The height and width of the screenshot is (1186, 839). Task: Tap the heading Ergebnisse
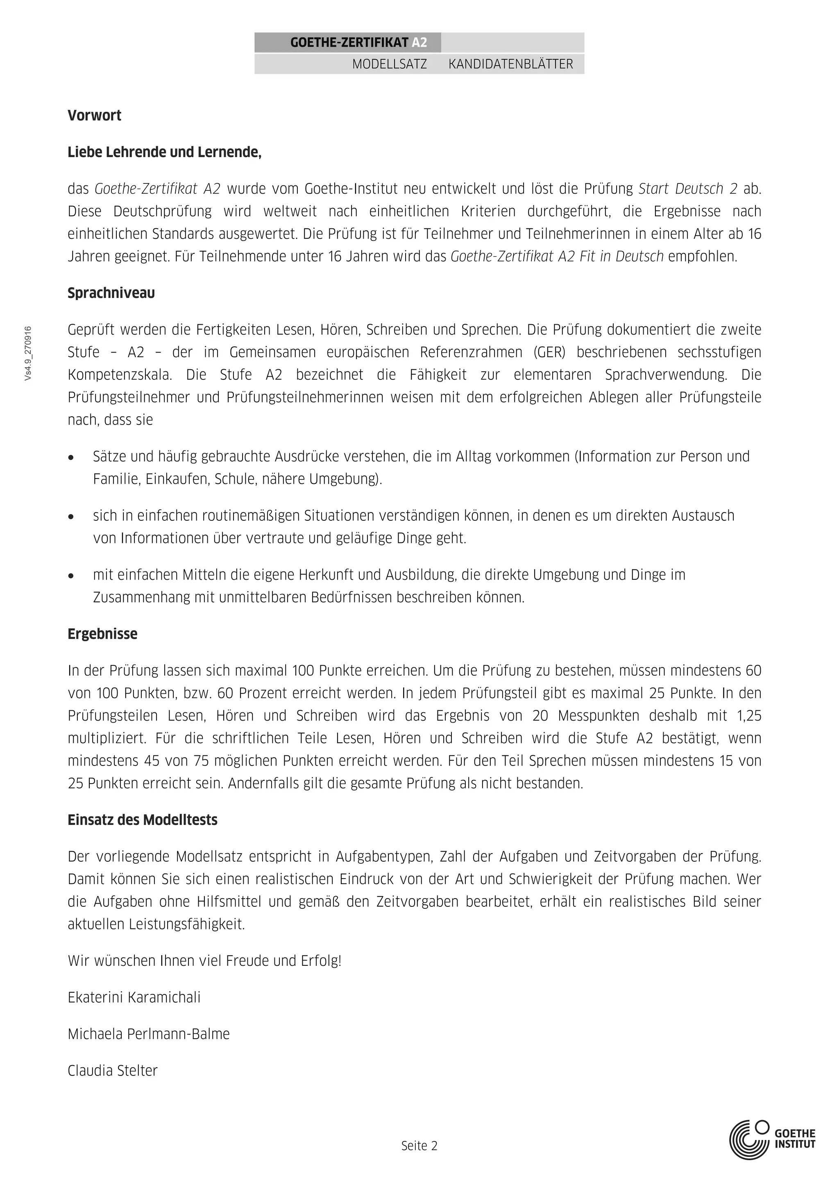click(x=102, y=634)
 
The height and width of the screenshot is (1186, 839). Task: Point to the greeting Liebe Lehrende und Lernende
click(x=164, y=152)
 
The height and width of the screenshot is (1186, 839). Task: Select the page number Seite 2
click(x=419, y=1146)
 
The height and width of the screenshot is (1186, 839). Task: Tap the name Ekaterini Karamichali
click(x=134, y=997)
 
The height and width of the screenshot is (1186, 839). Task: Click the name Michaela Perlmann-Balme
click(x=148, y=1034)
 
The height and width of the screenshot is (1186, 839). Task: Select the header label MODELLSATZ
click(x=389, y=64)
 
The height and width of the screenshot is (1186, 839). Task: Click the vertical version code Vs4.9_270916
click(x=28, y=354)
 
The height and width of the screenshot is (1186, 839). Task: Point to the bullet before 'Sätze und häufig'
click(x=71, y=458)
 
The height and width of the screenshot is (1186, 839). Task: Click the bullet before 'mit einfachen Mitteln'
click(x=71, y=576)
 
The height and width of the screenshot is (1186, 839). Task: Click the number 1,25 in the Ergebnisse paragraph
click(x=749, y=716)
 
